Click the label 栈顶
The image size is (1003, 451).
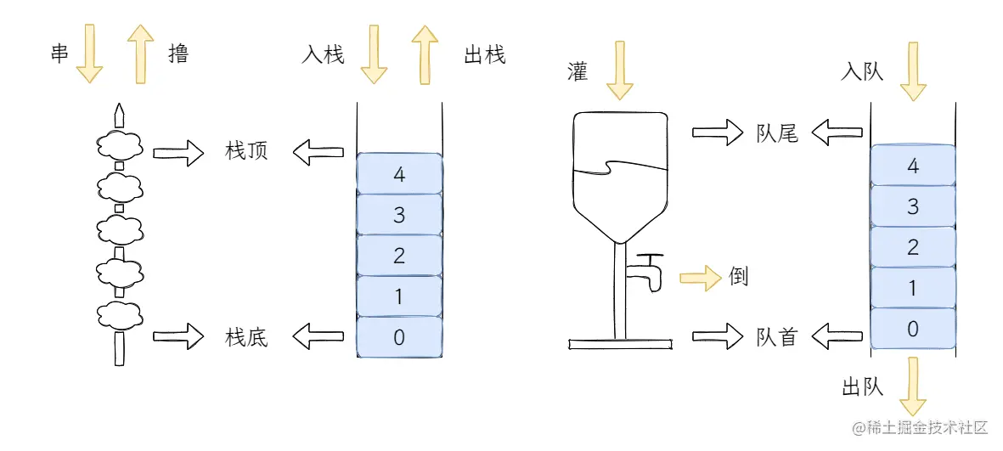click(246, 153)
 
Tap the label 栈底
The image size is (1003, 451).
click(246, 337)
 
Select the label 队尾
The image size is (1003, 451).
click(777, 133)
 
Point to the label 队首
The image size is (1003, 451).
click(777, 336)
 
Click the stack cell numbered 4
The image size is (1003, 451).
click(399, 174)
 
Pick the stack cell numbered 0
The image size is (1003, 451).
click(399, 337)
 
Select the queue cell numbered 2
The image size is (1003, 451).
click(913, 247)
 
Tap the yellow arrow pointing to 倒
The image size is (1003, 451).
click(699, 276)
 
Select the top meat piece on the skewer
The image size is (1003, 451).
click(119, 145)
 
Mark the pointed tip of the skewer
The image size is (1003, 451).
click(119, 111)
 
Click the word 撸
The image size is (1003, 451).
click(179, 54)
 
